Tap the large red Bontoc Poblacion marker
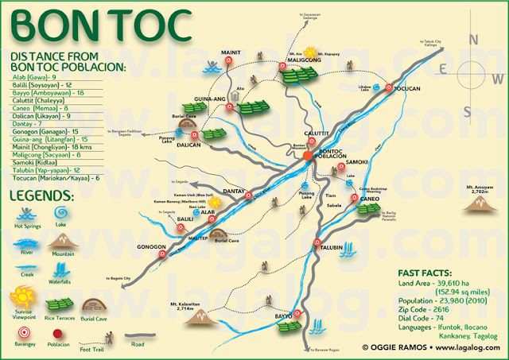coord(309,157)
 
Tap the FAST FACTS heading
coord(423,271)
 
